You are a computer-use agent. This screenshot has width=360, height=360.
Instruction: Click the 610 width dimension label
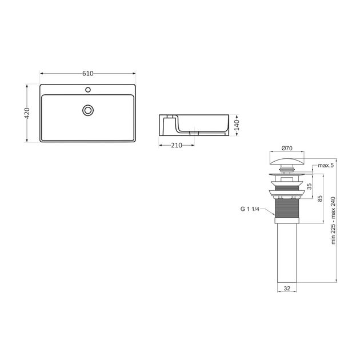point(87,74)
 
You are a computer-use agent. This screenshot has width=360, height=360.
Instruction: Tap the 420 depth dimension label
point(26,113)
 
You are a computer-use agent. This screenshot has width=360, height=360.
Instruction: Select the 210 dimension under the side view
point(177,145)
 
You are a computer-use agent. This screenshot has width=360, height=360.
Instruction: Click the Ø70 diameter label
point(286,147)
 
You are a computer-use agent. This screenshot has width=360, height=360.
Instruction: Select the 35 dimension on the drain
point(309,186)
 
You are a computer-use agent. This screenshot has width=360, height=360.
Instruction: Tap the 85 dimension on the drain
point(321,199)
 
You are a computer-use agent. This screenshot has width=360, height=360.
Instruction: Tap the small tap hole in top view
point(88,90)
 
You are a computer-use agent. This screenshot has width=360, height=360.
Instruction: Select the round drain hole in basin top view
point(88,110)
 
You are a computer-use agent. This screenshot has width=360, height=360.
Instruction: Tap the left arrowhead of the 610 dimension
point(42,74)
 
